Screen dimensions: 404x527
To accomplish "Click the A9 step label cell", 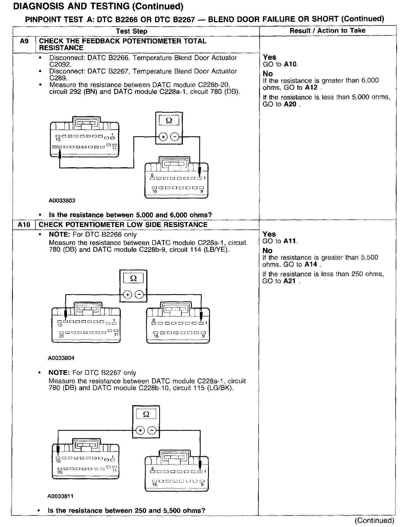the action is coord(24,41).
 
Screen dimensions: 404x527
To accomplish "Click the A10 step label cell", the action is coord(24,225).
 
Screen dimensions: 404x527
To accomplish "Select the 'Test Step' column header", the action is coord(131,31).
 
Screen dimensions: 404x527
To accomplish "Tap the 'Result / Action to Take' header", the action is coord(327,30).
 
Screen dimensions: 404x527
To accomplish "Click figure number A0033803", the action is coord(62,201).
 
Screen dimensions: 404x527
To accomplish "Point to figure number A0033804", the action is coord(61,358).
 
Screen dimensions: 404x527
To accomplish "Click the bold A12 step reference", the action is coord(311,88).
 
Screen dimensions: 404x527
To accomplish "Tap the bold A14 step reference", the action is coord(311,265).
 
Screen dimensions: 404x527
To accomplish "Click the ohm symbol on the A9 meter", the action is coord(169,121).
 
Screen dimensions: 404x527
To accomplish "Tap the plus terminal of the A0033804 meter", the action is coord(127,295).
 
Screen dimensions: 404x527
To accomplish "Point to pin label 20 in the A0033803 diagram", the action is coord(55,147).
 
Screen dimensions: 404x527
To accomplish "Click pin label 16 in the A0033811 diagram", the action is coord(155,484).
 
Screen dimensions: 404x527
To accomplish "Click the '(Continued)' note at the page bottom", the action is coord(374,520).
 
